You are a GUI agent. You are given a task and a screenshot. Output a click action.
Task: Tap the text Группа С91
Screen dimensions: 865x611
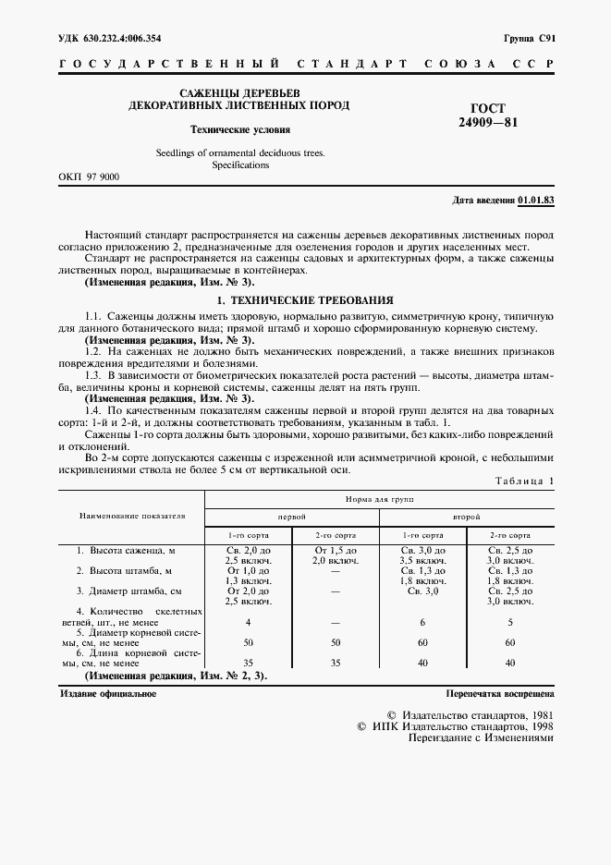528,38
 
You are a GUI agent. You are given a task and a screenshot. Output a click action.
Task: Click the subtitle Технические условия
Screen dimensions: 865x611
240,129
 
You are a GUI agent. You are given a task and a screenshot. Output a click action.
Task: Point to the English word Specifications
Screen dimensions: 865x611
240,164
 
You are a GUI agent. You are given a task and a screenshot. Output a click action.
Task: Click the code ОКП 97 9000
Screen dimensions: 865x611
90,177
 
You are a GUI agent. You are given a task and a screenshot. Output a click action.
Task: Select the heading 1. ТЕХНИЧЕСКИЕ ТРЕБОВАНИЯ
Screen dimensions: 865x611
305,300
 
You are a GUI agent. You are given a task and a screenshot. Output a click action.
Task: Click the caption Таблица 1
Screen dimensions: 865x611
524,481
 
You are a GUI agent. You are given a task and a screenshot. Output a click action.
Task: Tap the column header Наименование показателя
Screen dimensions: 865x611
131,516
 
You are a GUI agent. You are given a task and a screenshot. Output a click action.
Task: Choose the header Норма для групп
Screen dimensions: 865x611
379,499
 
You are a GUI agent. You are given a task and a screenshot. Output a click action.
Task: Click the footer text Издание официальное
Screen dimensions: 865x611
108,692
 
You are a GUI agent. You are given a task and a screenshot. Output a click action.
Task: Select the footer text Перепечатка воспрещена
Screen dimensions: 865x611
499,692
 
